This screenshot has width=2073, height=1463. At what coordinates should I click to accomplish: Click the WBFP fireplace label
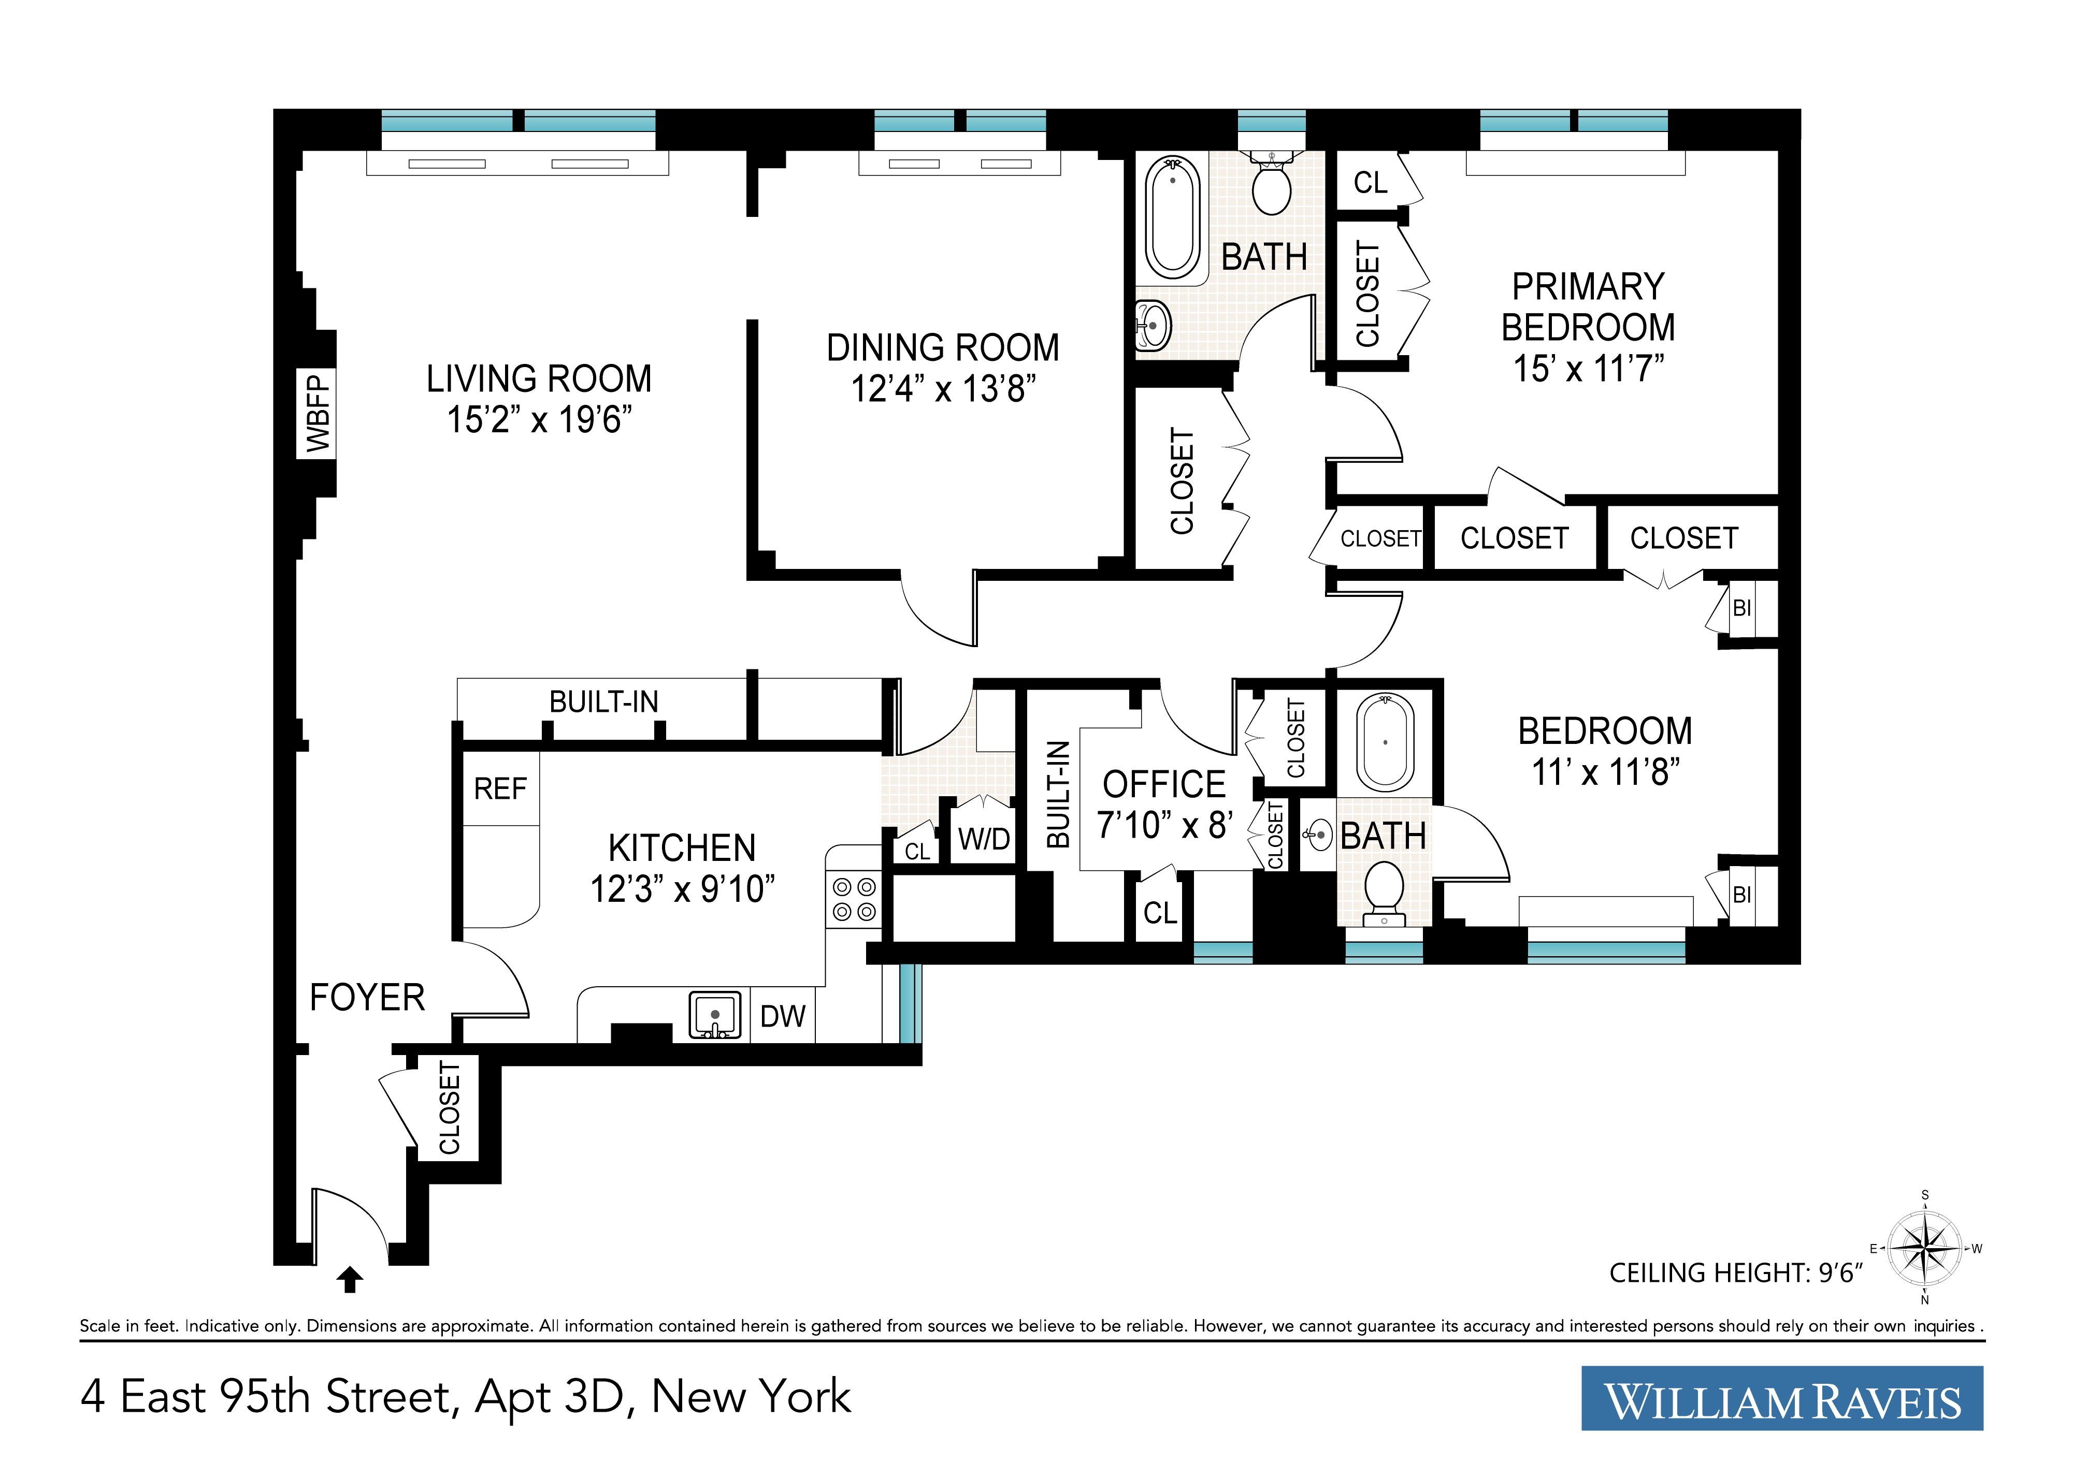point(318,413)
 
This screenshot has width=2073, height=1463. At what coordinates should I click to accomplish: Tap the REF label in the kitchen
point(500,789)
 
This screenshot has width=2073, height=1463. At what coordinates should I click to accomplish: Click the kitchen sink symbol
point(715,1015)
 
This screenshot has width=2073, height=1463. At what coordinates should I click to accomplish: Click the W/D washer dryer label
point(984,839)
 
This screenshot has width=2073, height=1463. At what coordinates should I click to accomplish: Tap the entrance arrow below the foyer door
point(350,1280)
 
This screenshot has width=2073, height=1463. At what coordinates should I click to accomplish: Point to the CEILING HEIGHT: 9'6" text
point(1735,1274)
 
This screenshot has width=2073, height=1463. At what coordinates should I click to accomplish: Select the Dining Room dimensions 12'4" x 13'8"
point(943,389)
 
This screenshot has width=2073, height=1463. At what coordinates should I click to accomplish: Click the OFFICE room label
point(1164,784)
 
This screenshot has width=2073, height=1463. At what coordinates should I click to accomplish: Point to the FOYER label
point(367,998)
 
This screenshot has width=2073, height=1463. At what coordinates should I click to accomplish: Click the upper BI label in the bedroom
point(1741,608)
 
